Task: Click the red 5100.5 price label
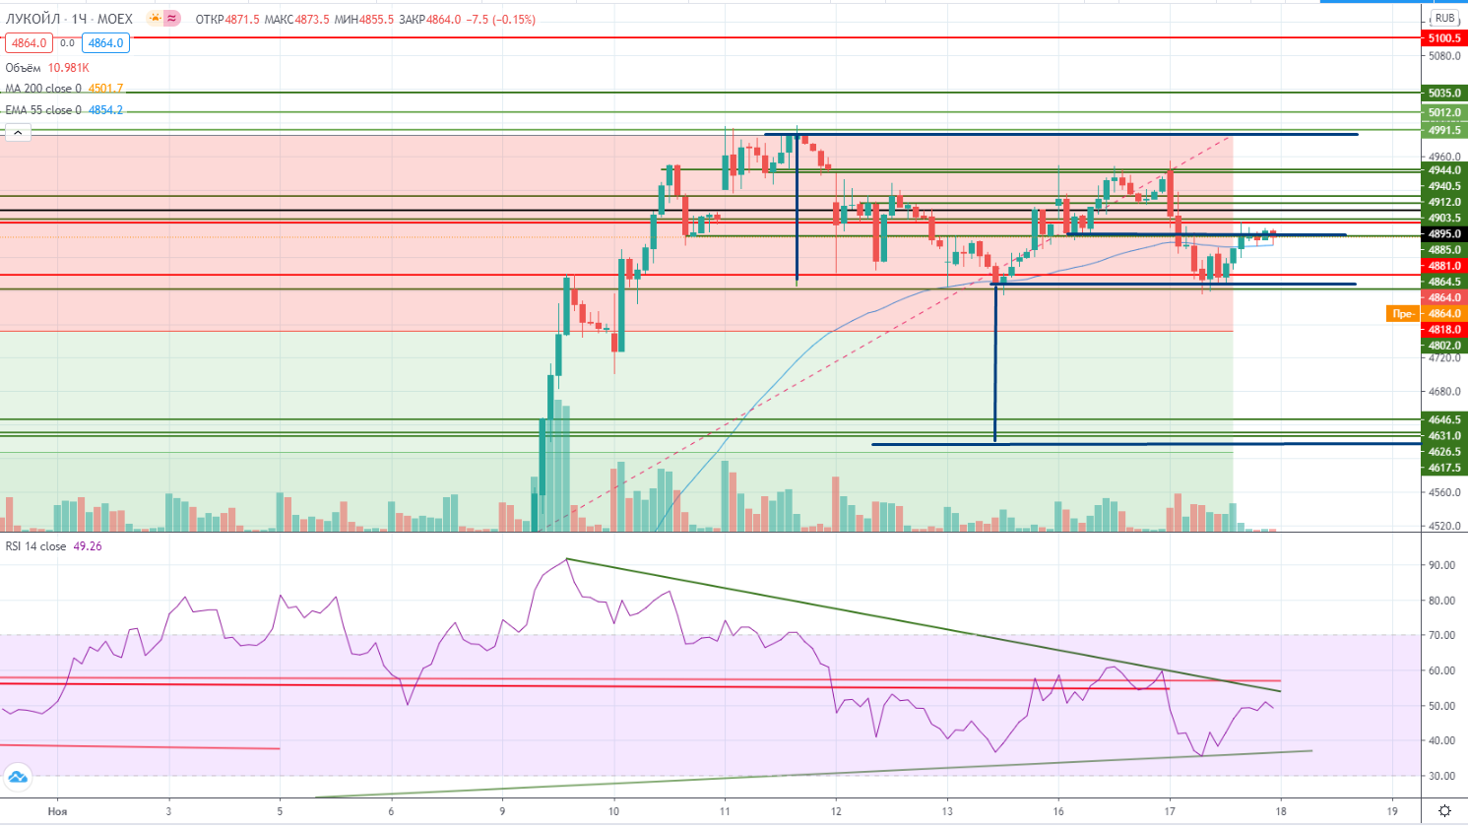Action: (1444, 38)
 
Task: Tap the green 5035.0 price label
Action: (1444, 94)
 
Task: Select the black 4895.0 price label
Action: (1444, 234)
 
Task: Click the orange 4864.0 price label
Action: (1444, 314)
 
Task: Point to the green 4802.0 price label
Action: (1444, 346)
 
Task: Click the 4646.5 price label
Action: (1444, 420)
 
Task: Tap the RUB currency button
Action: (1444, 19)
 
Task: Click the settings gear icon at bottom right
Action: (1444, 810)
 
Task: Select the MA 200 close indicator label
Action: (43, 89)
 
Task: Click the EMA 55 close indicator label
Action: (43, 110)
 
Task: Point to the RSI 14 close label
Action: (36, 546)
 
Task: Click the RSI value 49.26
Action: (88, 546)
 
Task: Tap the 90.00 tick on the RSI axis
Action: (1442, 565)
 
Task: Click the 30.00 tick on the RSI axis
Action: (1442, 776)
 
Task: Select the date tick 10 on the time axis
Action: (613, 811)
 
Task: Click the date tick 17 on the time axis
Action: (1170, 811)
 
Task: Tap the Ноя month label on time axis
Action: (57, 811)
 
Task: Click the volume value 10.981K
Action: (68, 68)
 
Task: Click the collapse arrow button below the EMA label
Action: (17, 132)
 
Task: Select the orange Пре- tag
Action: (1402, 314)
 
